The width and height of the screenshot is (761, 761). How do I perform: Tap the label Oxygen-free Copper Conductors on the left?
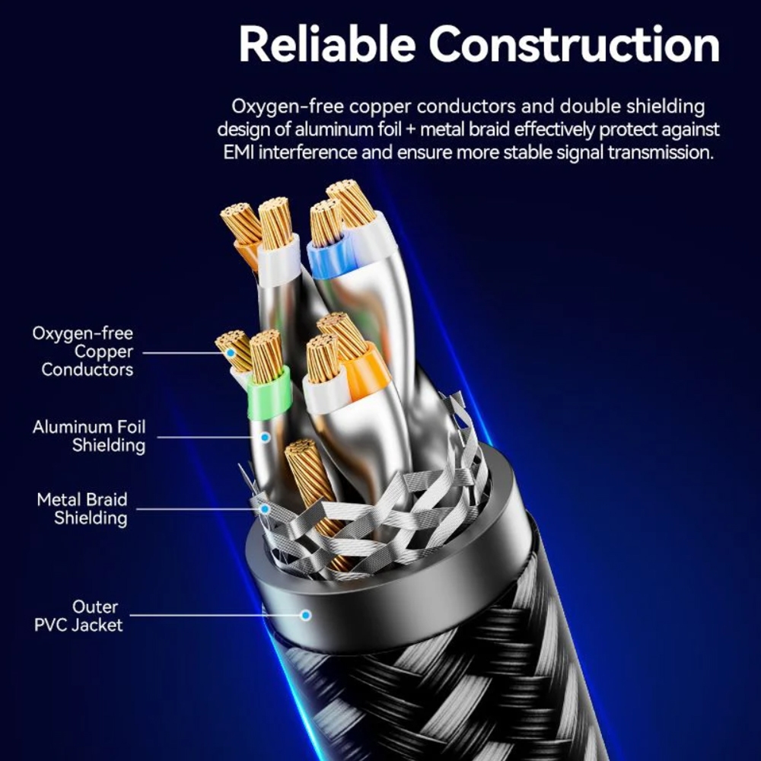(82, 352)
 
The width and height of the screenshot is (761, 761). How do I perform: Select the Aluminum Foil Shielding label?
(89, 436)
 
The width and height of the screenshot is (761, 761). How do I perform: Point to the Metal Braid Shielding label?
(82, 508)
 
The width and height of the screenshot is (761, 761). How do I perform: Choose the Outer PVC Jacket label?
(78, 616)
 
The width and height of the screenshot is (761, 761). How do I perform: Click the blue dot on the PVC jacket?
(306, 616)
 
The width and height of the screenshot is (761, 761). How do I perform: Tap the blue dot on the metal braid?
(265, 509)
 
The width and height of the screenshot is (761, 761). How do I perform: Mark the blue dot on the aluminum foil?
(265, 438)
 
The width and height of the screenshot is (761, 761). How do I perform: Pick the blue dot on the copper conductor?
(231, 352)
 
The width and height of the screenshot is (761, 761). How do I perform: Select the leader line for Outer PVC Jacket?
(215, 616)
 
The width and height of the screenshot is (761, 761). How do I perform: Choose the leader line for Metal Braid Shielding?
(198, 509)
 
